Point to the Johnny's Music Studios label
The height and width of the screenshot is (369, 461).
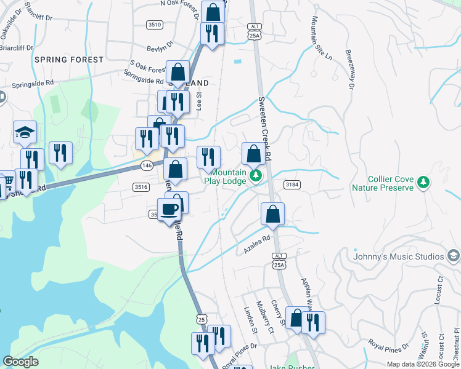399,256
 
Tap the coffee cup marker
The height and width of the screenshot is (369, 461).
169,210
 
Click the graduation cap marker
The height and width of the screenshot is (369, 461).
25,132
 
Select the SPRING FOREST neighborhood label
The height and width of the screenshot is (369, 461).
69,60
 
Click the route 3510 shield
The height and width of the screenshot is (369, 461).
155,25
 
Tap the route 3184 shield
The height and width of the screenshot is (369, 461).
292,184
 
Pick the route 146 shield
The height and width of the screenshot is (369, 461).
147,165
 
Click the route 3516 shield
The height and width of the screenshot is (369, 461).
141,187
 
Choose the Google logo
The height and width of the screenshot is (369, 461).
20,362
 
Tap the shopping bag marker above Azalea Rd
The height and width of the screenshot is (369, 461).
272,215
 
